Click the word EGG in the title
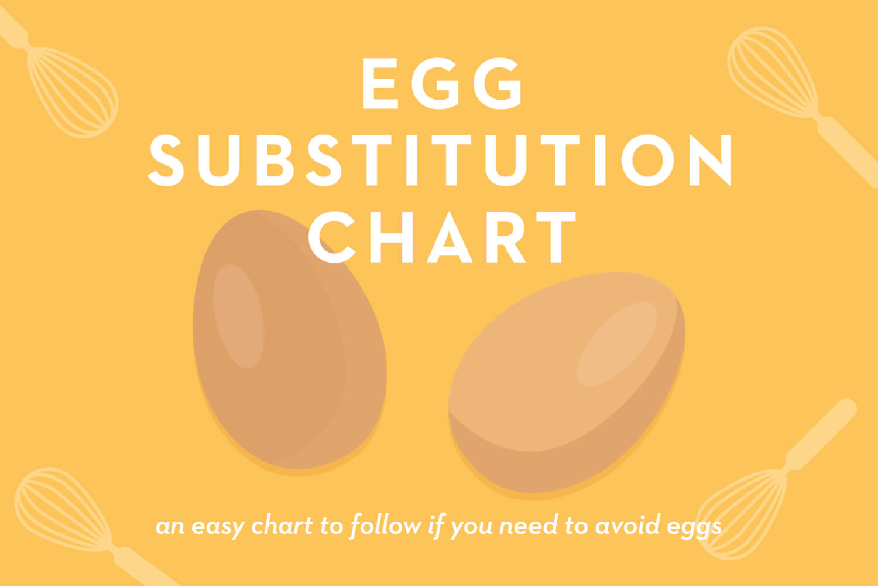click(x=442, y=83)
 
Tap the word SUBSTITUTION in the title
click(x=440, y=160)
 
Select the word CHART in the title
click(x=442, y=237)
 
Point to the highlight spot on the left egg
click(x=239, y=316)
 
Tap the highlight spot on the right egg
click(x=617, y=343)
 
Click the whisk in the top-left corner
click(x=59, y=73)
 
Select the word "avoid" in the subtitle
click(x=627, y=525)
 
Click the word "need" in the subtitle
click(x=528, y=525)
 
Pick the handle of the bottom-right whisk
click(x=821, y=434)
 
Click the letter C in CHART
click(x=332, y=237)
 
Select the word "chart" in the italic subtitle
click(x=282, y=525)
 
